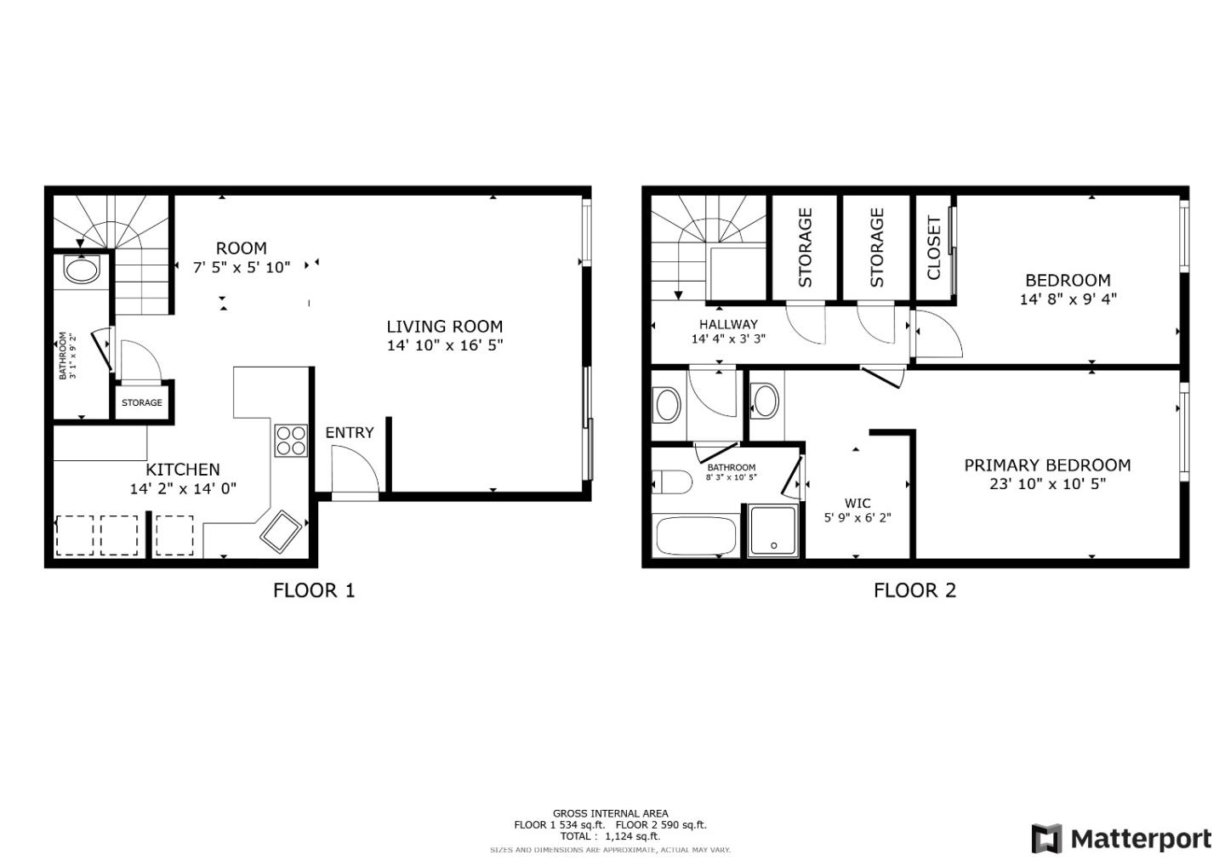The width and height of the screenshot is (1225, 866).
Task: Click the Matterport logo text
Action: (x=1140, y=839)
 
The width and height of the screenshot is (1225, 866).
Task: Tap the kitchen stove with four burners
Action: (x=290, y=441)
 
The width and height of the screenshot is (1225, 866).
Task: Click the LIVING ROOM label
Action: (x=444, y=327)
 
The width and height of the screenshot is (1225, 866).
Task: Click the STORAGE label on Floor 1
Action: (x=141, y=402)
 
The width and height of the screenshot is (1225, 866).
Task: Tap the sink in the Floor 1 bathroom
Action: (x=82, y=271)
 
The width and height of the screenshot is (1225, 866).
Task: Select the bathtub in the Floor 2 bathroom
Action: (x=696, y=536)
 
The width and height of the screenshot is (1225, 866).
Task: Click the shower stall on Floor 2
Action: (x=773, y=531)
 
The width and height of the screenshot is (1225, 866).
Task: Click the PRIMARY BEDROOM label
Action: (x=1046, y=465)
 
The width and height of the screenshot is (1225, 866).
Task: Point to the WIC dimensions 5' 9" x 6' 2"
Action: (x=857, y=518)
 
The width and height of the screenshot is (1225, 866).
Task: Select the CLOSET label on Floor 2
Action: (x=934, y=248)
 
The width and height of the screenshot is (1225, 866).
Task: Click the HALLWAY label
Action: (x=728, y=324)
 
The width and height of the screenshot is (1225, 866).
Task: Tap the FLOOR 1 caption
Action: (x=313, y=590)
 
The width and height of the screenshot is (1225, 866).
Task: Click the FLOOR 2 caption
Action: (x=914, y=590)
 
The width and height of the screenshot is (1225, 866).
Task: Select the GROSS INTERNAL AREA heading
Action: (x=610, y=813)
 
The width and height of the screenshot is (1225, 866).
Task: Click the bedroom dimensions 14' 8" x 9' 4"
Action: (x=1068, y=299)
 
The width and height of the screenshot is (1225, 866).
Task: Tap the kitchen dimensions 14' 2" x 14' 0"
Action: (x=183, y=488)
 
